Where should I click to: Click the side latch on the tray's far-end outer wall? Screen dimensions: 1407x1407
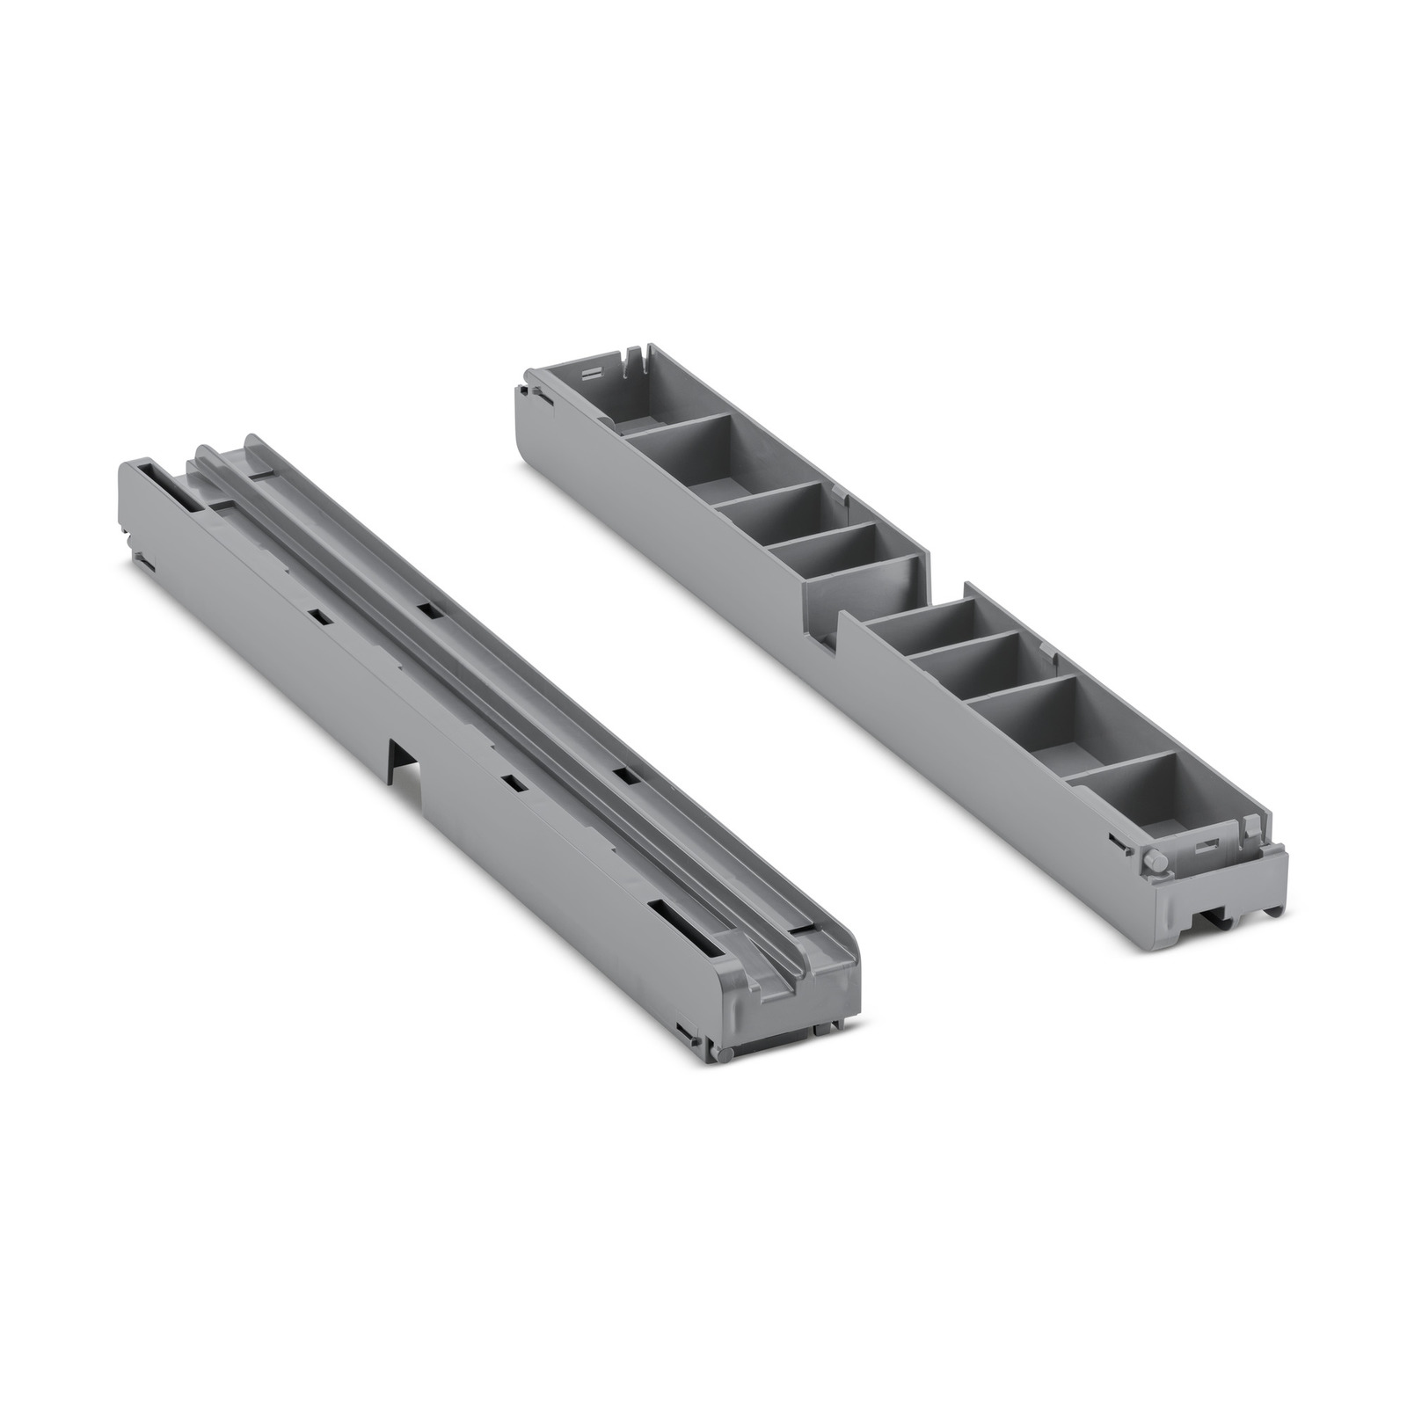[x=534, y=392]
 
